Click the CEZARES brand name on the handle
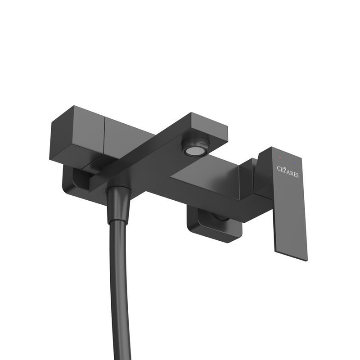(287, 171)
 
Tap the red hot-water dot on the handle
(280, 157)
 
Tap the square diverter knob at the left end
(76, 135)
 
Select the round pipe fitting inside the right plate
(220, 217)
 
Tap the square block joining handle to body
(250, 178)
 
